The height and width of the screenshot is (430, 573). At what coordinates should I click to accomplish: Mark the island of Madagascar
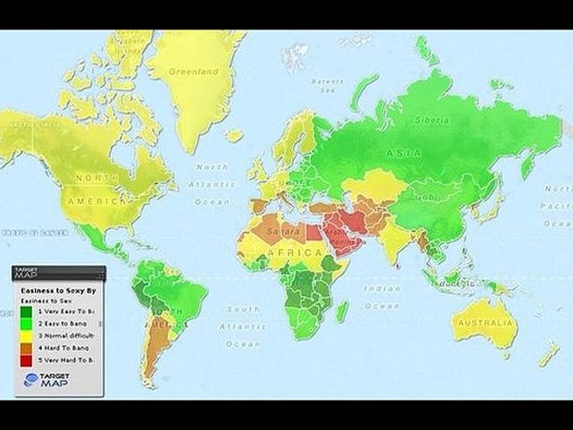point(343,312)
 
